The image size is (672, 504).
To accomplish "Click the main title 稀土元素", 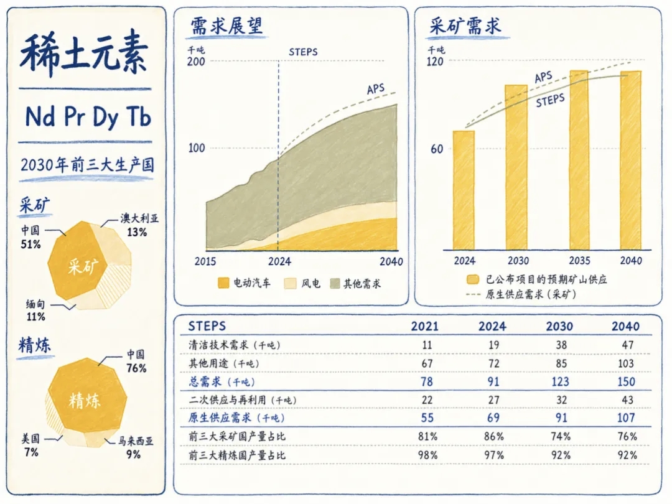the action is (84, 54).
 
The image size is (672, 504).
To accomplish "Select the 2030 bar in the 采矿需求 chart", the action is (516, 167).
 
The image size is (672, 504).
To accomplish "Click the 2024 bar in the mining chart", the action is (464, 190).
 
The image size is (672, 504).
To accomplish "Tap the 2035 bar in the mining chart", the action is (579, 161).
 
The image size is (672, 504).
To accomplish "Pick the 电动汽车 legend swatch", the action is (223, 283).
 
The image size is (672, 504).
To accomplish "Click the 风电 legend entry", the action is (302, 283).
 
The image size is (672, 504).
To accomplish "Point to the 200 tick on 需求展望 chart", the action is (196, 61).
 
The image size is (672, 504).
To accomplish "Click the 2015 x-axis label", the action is (205, 261).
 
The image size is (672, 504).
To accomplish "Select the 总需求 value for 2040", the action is (626, 382).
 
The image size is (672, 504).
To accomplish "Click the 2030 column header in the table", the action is (559, 327).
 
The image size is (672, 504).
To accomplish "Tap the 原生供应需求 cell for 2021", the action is (427, 418).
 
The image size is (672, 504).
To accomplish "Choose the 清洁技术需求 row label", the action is (235, 345).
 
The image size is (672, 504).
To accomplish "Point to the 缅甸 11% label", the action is (35, 310).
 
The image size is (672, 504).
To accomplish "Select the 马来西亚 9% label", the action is (136, 447).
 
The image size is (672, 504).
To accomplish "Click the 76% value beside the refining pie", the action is (136, 368).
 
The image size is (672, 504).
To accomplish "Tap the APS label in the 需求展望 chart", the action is (376, 89).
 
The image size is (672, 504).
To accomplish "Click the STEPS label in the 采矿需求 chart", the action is (550, 101).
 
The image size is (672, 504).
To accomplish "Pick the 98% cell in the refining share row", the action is (427, 455).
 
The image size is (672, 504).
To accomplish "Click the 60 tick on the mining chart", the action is (437, 149).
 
